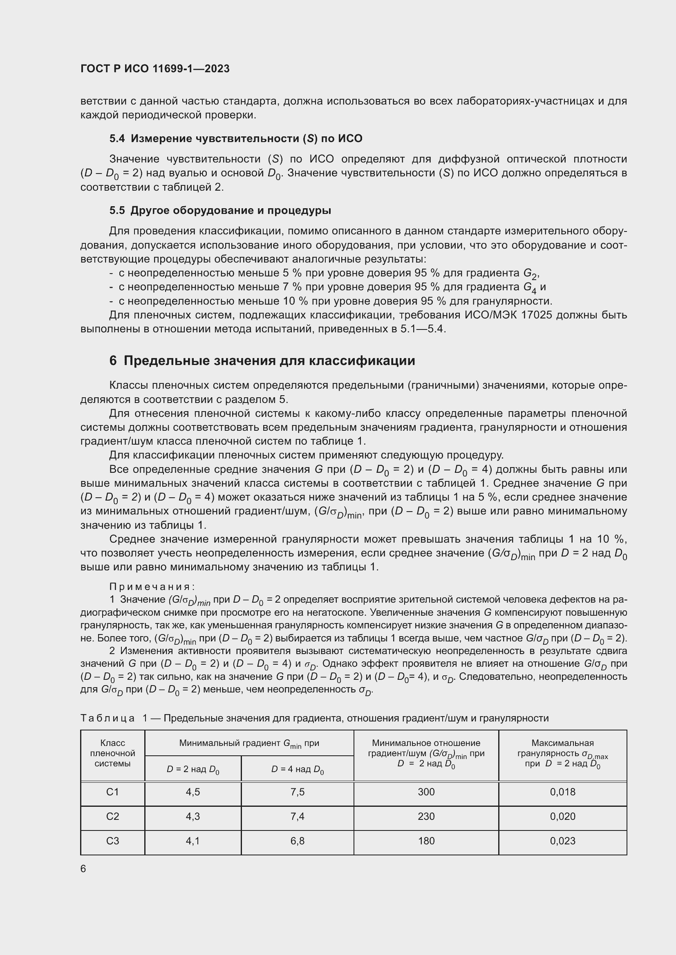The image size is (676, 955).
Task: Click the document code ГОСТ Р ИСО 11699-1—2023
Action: tap(155, 69)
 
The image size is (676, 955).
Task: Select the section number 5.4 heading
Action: tap(117, 138)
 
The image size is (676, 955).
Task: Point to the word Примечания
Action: tap(152, 586)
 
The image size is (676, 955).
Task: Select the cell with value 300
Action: tap(426, 792)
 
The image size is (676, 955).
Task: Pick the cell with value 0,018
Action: tap(562, 792)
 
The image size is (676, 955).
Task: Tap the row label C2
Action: tap(112, 817)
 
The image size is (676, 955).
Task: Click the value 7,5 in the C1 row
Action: tap(297, 792)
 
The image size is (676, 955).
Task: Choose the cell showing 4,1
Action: tap(193, 841)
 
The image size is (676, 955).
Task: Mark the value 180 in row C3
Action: tap(426, 841)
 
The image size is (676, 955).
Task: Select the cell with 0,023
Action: tap(562, 841)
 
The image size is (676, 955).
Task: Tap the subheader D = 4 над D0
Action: tap(297, 770)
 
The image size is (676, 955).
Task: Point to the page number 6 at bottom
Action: tap(83, 869)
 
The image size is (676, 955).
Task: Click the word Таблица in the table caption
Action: tap(107, 718)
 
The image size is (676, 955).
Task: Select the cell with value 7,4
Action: tap(297, 817)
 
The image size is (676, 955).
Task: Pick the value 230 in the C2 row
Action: tap(426, 817)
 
